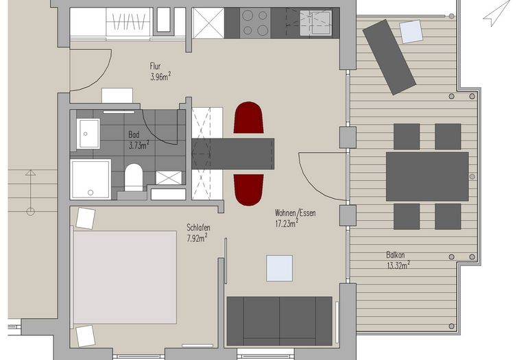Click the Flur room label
tap(155, 66)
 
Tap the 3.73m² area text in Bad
tap(139, 145)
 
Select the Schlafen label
tap(198, 228)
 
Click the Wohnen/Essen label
tap(296, 213)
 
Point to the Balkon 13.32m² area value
tap(398, 265)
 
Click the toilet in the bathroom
tap(134, 178)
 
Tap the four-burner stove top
tap(255, 23)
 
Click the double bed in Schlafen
tap(124, 277)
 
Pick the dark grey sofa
tap(280, 321)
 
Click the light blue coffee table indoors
tap(280, 268)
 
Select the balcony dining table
tap(427, 176)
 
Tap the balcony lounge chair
tap(389, 57)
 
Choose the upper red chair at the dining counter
tap(248, 117)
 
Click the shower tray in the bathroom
tap(91, 179)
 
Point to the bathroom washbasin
tap(88, 133)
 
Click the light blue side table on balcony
tap(411, 32)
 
